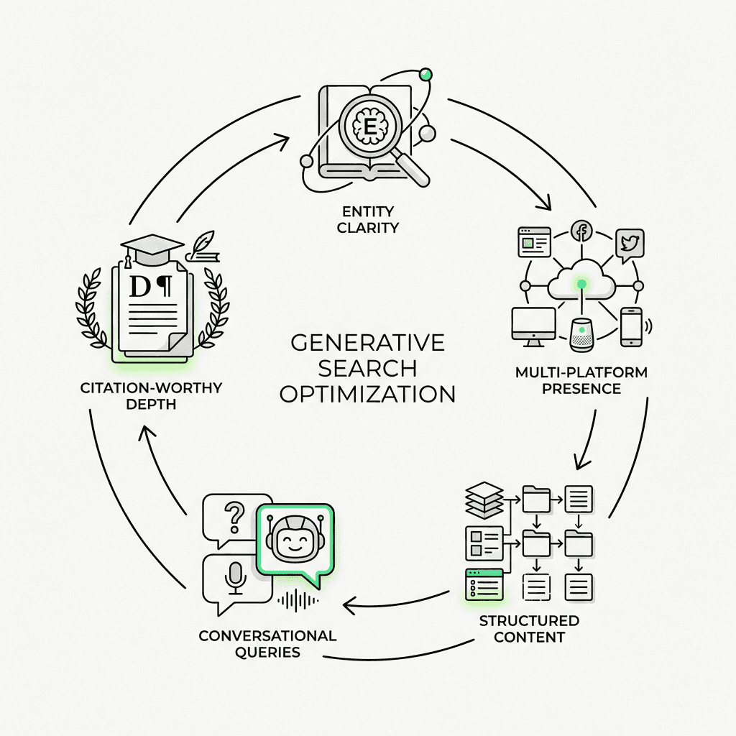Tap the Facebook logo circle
tap(580, 232)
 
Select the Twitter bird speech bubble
tap(629, 244)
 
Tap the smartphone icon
tap(630, 327)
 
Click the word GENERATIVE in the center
tap(368, 343)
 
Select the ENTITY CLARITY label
tap(367, 219)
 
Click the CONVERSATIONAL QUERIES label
tap(267, 644)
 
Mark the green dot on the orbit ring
tap(425, 73)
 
